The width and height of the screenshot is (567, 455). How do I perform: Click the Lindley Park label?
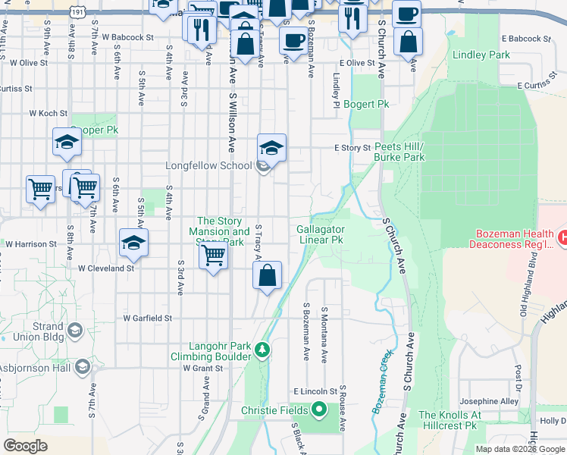pos(481,55)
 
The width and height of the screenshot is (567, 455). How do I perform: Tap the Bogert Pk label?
pos(366,104)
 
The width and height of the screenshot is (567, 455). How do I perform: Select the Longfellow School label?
pos(209,165)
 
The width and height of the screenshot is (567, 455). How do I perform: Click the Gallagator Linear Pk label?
pos(320,234)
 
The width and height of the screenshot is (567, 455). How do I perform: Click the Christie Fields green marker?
pos(319,410)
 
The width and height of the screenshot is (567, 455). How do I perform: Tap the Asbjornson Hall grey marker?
pos(83,368)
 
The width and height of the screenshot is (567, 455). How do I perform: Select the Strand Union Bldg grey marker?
pos(75,331)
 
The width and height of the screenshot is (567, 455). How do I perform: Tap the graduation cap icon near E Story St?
pos(272,147)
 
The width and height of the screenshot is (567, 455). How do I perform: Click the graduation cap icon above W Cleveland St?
pos(133,243)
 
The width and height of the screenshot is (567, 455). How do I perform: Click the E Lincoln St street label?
pos(315,391)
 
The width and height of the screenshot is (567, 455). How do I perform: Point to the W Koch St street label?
pos(49,113)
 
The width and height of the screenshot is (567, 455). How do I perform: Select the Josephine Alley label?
pos(488,401)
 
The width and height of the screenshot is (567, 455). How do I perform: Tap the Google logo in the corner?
pos(25,446)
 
